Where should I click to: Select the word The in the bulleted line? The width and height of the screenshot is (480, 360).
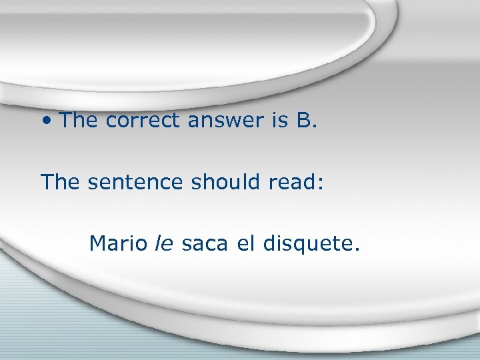click(x=79, y=121)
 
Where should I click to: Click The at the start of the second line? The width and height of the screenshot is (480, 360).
click(x=61, y=182)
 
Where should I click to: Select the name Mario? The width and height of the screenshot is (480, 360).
click(x=118, y=243)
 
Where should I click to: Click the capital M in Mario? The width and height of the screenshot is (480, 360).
click(x=97, y=243)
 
